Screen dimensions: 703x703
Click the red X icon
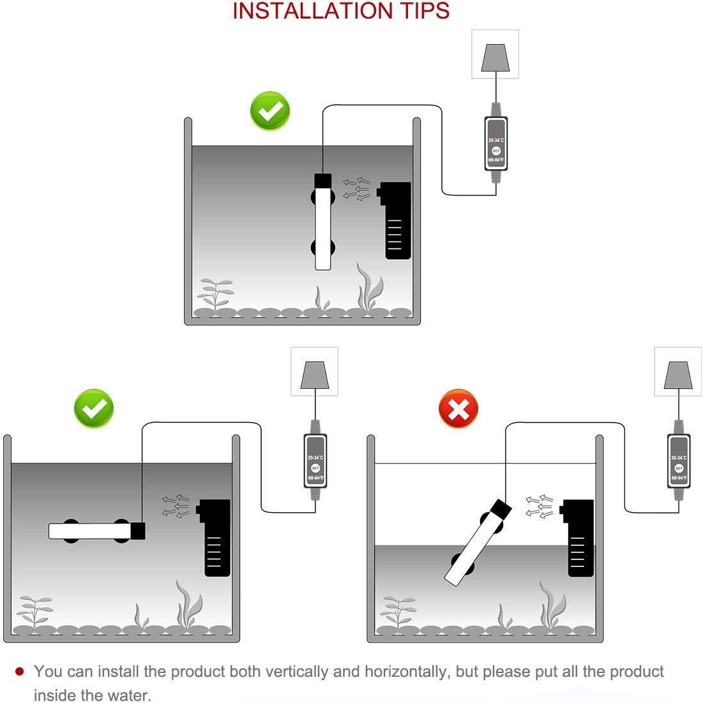click(x=458, y=409)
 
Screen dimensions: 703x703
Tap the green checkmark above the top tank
click(x=270, y=111)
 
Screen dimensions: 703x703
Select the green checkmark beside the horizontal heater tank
click(x=94, y=409)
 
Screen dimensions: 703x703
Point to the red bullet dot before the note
click(x=19, y=671)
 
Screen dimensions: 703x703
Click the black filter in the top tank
click(x=395, y=220)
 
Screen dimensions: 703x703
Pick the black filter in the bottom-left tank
click(x=214, y=538)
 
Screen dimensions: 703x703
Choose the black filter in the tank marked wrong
click(x=577, y=538)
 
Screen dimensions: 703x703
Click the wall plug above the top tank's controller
click(x=495, y=57)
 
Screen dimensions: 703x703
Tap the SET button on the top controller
click(x=496, y=151)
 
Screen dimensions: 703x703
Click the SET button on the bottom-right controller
click(x=679, y=468)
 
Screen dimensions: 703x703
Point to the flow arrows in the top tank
click(x=357, y=189)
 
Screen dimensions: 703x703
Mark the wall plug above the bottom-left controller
click(x=314, y=375)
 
